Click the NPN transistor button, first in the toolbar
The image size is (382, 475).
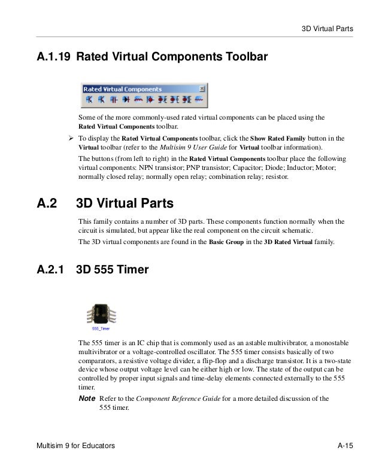(x=88, y=99)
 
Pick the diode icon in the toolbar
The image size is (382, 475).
(x=126, y=99)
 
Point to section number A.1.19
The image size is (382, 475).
(x=53, y=57)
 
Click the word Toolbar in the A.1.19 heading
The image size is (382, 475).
(x=245, y=57)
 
